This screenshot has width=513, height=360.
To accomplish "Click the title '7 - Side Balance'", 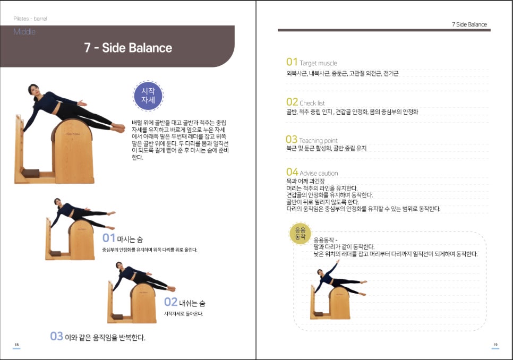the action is point(128,48).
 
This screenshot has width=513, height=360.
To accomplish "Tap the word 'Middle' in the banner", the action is point(24,32).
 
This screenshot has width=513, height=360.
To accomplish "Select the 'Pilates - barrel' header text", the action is point(30,19).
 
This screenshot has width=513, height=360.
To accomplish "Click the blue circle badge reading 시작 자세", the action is point(148,96).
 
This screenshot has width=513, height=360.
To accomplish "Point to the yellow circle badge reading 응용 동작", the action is point(300,234).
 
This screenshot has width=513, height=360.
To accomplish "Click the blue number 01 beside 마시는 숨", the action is point(109,238).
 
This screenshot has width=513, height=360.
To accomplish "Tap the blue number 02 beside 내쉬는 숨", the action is point(171,302).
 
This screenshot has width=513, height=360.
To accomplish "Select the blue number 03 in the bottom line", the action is point(56,336).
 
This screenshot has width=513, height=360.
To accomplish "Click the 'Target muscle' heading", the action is point(318,63).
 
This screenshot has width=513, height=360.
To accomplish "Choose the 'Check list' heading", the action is point(312,103).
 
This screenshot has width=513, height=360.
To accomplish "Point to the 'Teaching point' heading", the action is point(318,141).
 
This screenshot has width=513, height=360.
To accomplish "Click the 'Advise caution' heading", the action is point(319,173).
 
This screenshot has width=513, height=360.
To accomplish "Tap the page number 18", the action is point(16,345).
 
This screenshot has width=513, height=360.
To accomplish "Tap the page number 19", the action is point(495,345).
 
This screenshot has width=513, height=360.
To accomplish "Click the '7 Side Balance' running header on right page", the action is point(469,24).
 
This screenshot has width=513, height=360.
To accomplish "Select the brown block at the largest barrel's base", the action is point(31,173).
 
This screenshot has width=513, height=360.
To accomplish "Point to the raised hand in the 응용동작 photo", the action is point(338,261).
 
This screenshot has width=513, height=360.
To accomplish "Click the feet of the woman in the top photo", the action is point(118,127).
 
